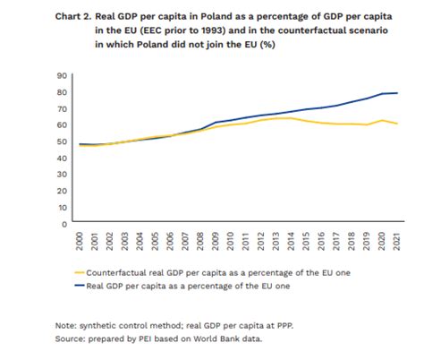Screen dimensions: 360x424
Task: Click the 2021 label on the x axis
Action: pos(398,240)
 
